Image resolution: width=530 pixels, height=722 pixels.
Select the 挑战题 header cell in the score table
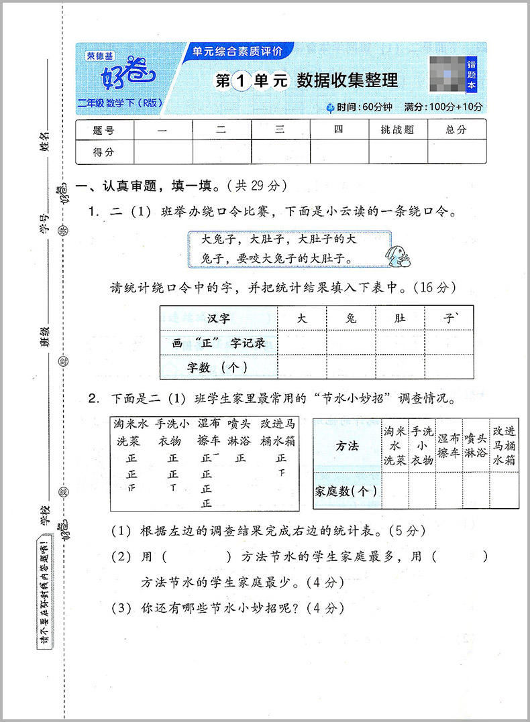(x=398, y=130)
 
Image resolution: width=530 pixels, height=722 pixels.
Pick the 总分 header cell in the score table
(x=456, y=130)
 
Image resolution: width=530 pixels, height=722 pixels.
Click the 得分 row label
(x=104, y=152)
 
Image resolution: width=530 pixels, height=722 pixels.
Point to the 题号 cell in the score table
(x=104, y=130)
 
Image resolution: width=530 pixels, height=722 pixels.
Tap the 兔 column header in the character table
(x=351, y=318)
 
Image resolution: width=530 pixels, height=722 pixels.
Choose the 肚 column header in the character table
(x=400, y=318)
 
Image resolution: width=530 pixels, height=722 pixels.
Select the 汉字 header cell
(x=218, y=318)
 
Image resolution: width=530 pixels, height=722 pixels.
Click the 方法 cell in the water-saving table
(x=346, y=446)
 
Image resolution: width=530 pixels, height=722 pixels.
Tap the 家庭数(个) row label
(x=346, y=491)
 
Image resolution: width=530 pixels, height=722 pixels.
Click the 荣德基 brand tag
(x=101, y=56)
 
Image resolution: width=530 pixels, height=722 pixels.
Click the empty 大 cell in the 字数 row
(x=302, y=367)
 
